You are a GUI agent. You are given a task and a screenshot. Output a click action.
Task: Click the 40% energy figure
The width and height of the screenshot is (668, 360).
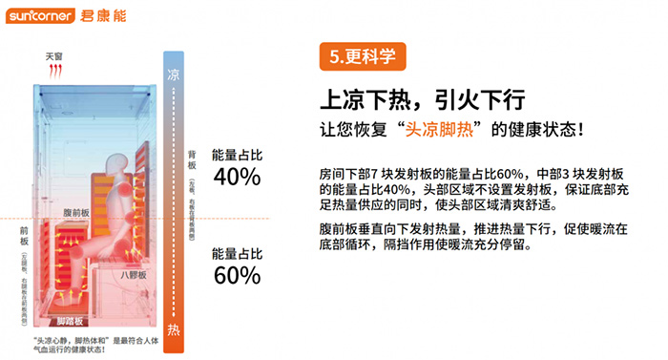237,177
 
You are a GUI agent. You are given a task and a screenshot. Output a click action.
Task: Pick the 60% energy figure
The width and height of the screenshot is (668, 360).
237,275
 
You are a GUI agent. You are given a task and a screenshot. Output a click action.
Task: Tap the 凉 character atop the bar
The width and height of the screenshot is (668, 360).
173,74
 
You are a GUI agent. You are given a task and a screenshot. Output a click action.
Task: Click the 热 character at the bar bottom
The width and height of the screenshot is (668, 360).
173,329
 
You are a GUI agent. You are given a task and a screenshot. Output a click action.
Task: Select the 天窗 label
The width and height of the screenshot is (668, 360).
55,57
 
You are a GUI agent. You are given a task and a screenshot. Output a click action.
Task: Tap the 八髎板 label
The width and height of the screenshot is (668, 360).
133,275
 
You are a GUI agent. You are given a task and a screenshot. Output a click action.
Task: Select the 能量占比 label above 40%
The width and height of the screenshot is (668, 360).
237,153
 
